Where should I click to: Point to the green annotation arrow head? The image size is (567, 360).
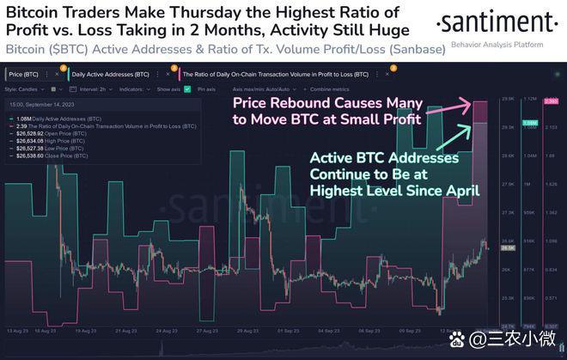pos(471,127)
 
